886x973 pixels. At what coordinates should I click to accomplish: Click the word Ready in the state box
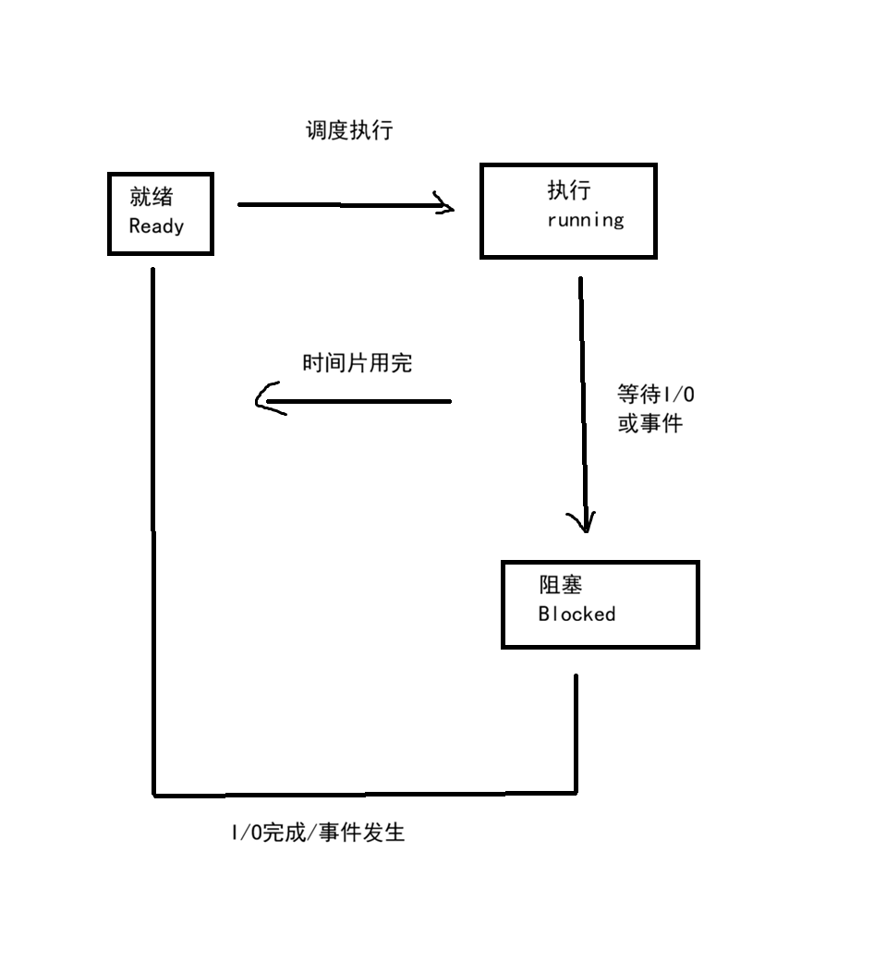(x=156, y=226)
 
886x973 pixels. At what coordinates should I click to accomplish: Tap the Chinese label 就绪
(x=151, y=197)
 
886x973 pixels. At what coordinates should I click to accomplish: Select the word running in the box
(x=586, y=220)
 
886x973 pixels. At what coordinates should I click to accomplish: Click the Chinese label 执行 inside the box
(x=569, y=190)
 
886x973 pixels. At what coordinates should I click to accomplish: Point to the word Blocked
(x=577, y=614)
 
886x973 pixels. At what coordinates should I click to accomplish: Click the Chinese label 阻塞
(x=561, y=585)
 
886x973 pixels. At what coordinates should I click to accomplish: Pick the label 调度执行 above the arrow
(x=349, y=130)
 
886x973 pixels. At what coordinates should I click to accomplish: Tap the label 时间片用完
(x=357, y=363)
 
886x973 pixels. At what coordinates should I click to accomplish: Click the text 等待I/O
(x=656, y=395)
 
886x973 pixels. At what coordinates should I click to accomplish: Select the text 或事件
(x=649, y=425)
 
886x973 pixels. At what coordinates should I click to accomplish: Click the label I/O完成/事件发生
(x=318, y=833)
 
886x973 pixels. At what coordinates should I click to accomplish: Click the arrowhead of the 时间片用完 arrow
(x=265, y=399)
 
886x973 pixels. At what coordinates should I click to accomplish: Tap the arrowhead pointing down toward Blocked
(x=585, y=524)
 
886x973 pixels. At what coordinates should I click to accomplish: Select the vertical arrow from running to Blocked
(x=582, y=397)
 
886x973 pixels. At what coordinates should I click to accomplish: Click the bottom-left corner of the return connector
(x=153, y=793)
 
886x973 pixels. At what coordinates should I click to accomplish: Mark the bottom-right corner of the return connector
(x=576, y=792)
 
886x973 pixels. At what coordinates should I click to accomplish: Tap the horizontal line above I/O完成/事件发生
(x=365, y=793)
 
